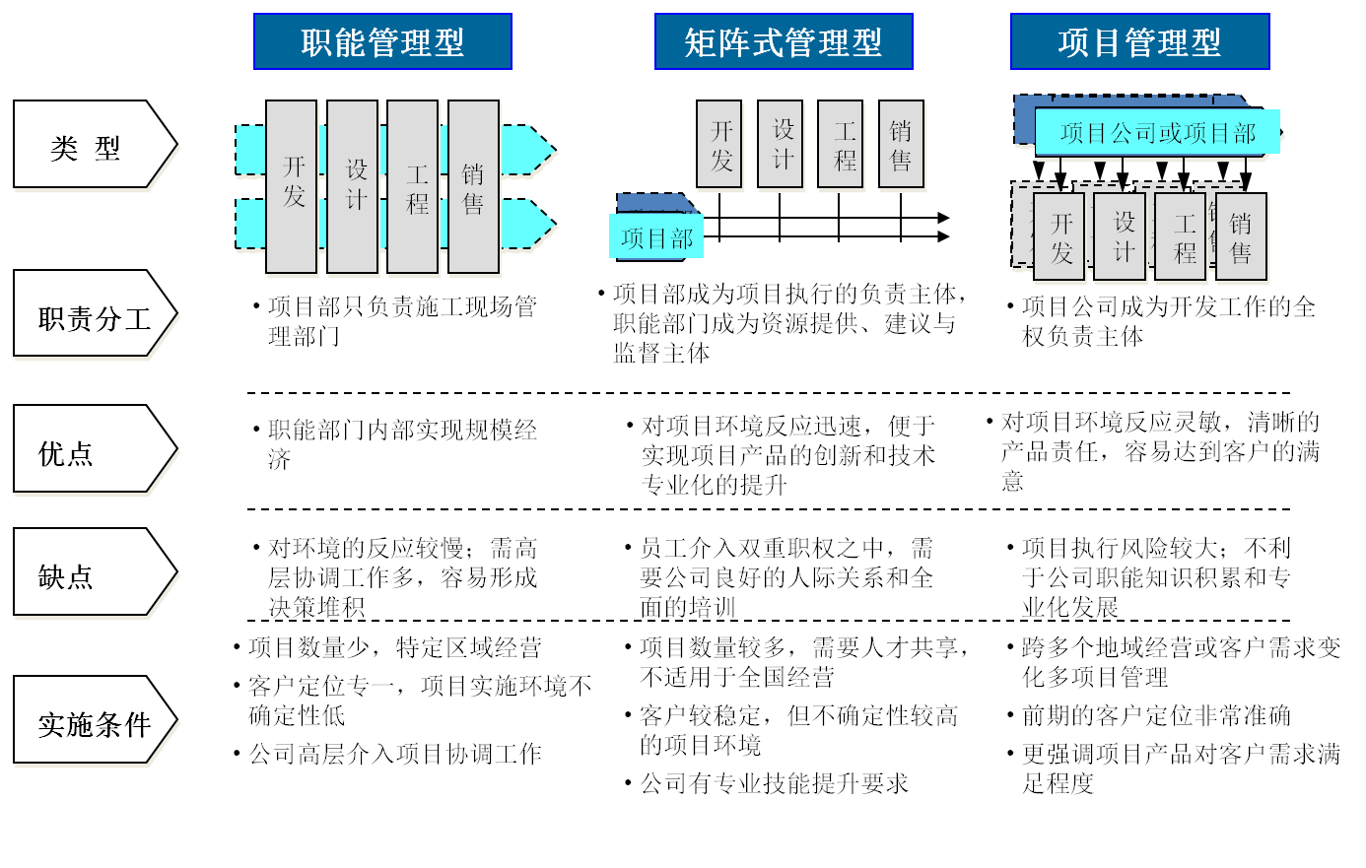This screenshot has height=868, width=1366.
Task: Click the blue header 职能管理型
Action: point(382,41)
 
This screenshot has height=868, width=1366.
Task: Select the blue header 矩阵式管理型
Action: point(784,41)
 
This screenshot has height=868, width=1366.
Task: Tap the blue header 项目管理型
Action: point(1139,41)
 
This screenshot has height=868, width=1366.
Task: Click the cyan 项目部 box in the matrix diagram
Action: point(656,237)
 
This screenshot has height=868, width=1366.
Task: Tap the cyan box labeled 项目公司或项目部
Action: point(1157,132)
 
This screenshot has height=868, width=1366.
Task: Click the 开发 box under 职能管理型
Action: point(293,186)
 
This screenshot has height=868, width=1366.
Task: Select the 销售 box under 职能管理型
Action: point(473,186)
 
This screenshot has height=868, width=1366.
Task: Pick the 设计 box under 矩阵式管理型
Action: point(781,144)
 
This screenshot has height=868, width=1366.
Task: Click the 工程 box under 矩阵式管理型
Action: point(841,144)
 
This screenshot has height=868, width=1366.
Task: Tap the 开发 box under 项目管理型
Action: point(1060,237)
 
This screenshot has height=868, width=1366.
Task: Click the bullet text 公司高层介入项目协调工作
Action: point(394,755)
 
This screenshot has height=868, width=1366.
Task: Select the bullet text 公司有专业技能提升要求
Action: point(774,784)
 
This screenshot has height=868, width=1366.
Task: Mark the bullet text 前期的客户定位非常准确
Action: point(1155,716)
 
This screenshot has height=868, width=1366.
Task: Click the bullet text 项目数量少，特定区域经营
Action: point(394,648)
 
